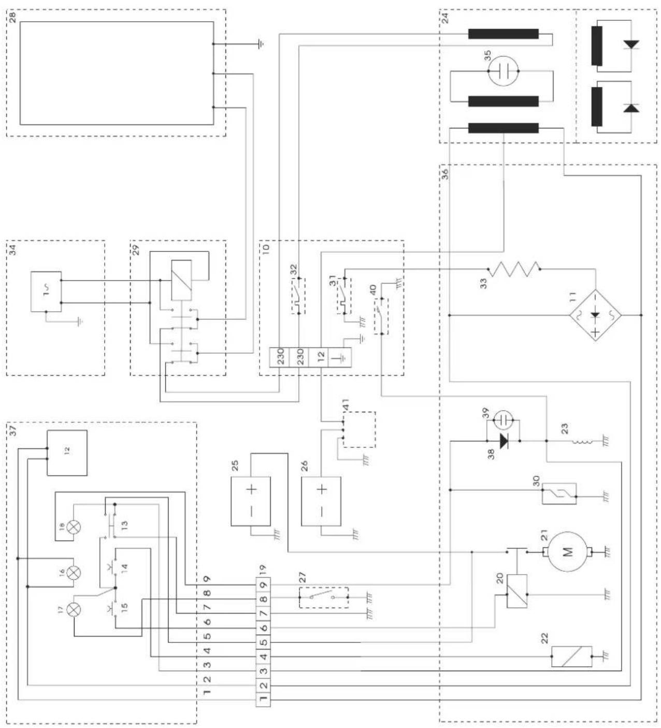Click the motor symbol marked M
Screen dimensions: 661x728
tap(567, 552)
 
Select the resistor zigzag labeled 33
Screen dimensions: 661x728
tap(514, 269)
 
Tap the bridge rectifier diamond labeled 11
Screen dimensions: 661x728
tap(595, 315)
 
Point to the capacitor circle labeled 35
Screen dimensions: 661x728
tap(503, 71)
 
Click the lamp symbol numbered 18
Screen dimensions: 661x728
tap(74, 527)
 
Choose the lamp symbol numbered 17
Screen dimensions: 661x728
tap(74, 610)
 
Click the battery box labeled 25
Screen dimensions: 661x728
tap(251, 501)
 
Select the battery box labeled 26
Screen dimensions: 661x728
tap(321, 501)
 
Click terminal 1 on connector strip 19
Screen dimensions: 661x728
tap(264, 698)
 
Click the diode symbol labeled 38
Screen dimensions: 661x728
tap(504, 441)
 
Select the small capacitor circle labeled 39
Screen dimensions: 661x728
tap(503, 420)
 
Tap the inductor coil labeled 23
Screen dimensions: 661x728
tap(582, 442)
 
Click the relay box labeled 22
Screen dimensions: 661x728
tap(571, 656)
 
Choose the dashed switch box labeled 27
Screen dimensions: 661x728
tap(323, 597)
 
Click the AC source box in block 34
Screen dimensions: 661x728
tap(46, 291)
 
